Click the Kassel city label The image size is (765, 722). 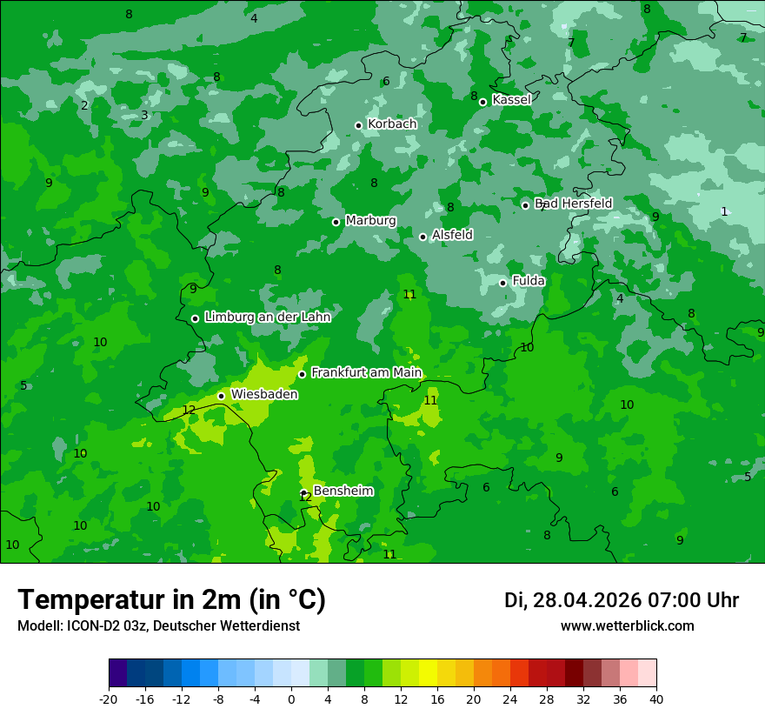point(511,100)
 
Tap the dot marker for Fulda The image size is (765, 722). point(502,283)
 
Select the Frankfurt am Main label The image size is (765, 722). point(366,373)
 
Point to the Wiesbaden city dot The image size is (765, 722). point(221,396)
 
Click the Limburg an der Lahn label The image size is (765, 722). point(267,318)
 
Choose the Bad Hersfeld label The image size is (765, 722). point(573,204)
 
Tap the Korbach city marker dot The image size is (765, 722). point(358,125)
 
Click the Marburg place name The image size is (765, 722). point(370,221)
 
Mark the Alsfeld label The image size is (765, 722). point(452,235)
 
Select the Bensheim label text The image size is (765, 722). point(343,491)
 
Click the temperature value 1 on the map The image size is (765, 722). point(724,211)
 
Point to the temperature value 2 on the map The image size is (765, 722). point(84,105)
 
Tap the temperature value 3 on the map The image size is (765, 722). point(144,115)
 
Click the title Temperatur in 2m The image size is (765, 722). point(171,600)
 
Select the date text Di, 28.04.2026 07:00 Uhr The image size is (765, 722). point(621,600)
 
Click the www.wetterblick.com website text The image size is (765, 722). point(627,626)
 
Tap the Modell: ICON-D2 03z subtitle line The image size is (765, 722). point(158,626)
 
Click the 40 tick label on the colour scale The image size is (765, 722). point(655,699)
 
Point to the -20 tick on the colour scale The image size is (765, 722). point(109,699)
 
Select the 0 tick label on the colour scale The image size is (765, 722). point(291,699)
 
